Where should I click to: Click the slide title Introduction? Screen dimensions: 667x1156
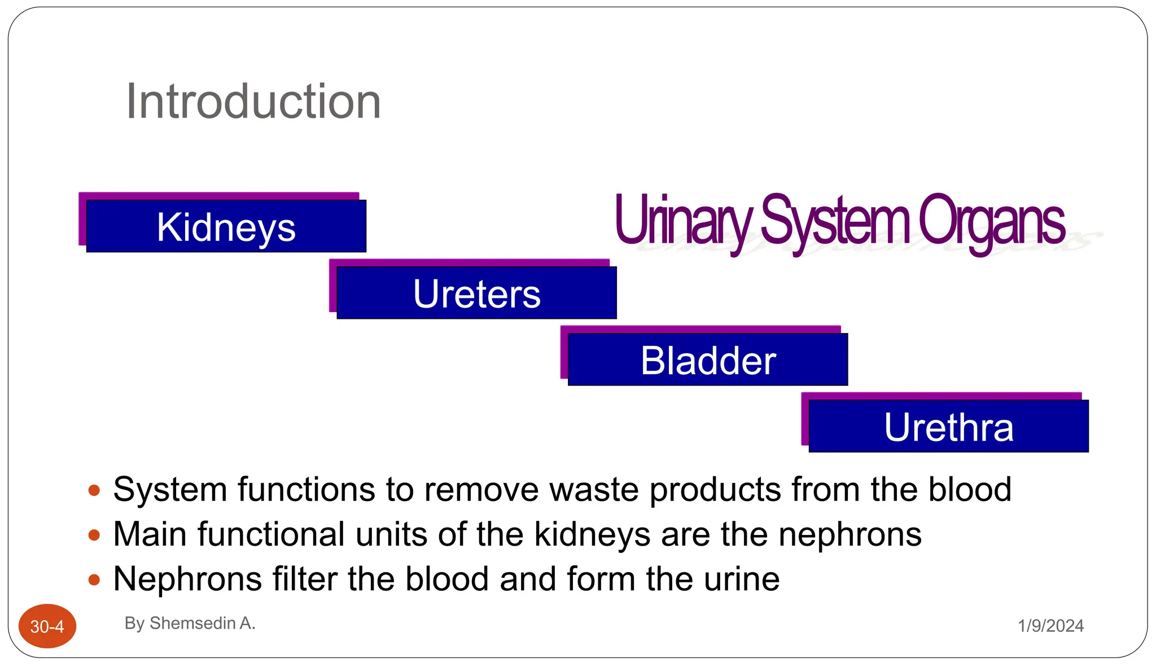(x=253, y=102)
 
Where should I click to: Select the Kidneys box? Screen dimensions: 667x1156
(x=226, y=226)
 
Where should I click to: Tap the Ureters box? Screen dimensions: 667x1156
(x=476, y=293)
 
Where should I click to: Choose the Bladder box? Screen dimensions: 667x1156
(x=708, y=360)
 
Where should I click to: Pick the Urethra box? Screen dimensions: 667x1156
(x=948, y=427)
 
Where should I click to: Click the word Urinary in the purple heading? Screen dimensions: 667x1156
(x=683, y=221)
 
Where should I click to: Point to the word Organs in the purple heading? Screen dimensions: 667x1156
(x=991, y=221)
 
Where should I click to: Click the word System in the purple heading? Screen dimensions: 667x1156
(x=835, y=221)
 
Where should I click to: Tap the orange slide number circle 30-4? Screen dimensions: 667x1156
(x=47, y=626)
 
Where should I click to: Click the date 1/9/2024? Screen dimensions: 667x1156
(x=1050, y=626)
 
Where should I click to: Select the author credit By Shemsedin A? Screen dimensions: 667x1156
(x=190, y=623)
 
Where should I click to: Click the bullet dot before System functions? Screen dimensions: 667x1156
(x=94, y=490)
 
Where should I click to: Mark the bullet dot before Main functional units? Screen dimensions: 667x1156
(x=94, y=535)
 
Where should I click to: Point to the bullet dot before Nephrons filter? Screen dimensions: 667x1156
(x=94, y=580)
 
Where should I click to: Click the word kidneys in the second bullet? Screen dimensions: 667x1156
(x=592, y=534)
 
